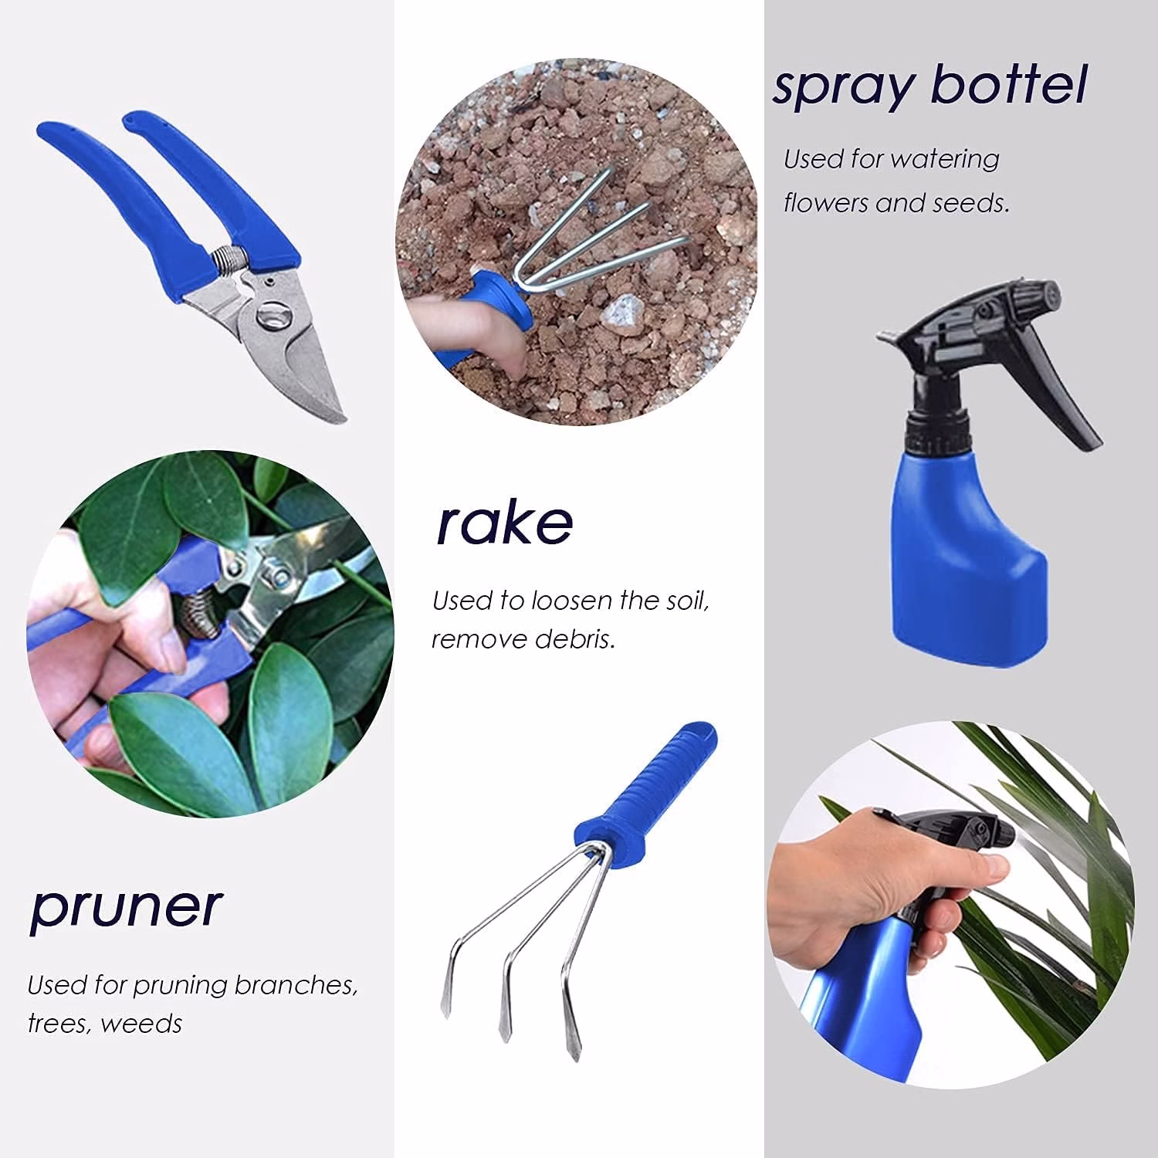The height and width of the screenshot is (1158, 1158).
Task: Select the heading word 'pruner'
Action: [x=127, y=909]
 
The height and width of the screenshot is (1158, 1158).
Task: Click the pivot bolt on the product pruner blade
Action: [x=272, y=317]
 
